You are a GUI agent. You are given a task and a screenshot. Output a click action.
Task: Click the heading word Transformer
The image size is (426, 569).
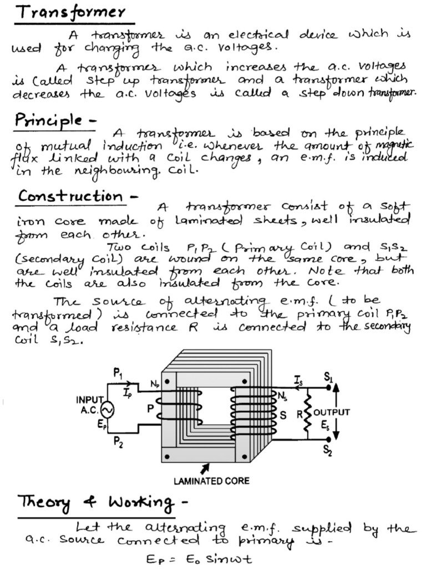[x=70, y=12]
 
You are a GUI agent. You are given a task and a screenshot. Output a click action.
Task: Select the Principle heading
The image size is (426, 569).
[x=49, y=119]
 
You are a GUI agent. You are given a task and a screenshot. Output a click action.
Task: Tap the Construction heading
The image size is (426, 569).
[x=70, y=196]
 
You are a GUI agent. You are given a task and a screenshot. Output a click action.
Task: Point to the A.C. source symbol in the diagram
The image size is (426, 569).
[x=106, y=411]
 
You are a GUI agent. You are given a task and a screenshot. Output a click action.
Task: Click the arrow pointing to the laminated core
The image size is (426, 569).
[x=206, y=468]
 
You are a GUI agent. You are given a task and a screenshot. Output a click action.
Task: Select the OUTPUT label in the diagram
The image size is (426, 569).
[x=332, y=412]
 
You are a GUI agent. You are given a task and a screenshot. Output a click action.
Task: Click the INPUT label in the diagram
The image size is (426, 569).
[x=89, y=400]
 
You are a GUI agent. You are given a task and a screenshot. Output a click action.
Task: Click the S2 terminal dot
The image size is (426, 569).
[x=329, y=439]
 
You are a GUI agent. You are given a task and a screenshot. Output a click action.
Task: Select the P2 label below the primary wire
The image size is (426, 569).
[x=118, y=442]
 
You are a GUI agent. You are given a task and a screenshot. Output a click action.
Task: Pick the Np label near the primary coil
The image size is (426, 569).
[x=154, y=383]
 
